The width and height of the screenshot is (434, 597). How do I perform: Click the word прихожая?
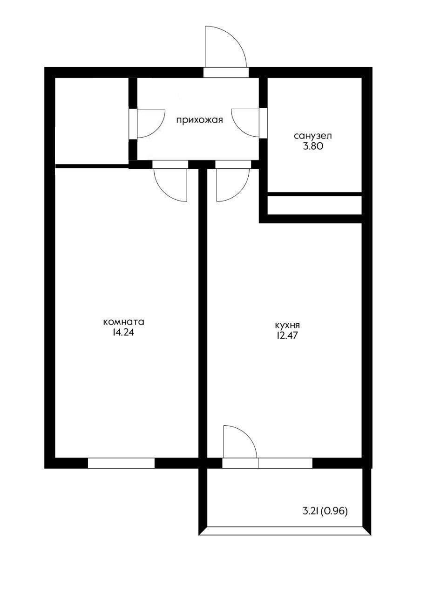(x=199, y=120)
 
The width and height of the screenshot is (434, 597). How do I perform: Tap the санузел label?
(x=312, y=136)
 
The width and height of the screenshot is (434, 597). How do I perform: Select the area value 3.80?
(x=312, y=146)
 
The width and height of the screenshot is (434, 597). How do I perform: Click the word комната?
(x=123, y=322)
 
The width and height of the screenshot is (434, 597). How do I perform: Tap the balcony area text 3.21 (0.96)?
(x=325, y=511)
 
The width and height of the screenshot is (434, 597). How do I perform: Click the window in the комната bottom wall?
(x=121, y=463)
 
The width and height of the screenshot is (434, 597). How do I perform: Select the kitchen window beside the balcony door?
(x=285, y=463)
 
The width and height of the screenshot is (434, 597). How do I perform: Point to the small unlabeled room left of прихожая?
(x=92, y=121)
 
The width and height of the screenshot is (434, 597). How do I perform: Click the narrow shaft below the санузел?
(x=315, y=205)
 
